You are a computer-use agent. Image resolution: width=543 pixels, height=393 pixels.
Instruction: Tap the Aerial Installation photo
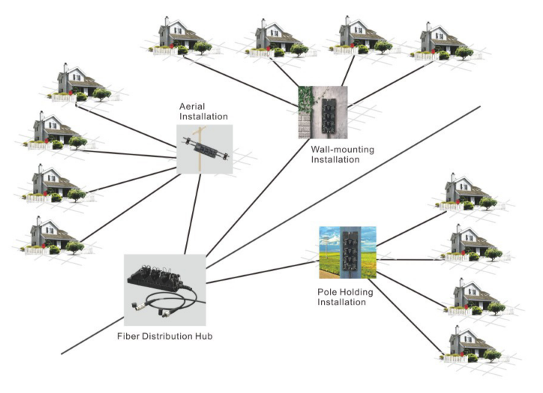click(204, 149)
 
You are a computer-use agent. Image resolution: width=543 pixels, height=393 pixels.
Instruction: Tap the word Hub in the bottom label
click(202, 337)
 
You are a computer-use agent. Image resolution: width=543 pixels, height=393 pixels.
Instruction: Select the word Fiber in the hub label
click(129, 337)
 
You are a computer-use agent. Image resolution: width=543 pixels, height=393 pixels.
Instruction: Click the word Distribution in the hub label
click(166, 337)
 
